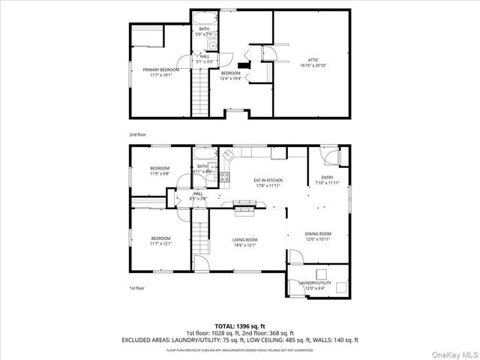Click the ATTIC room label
[312, 60]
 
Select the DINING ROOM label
[317, 234]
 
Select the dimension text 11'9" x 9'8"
[160, 173]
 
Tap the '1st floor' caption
[136, 288]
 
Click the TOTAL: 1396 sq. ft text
[240, 326]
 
